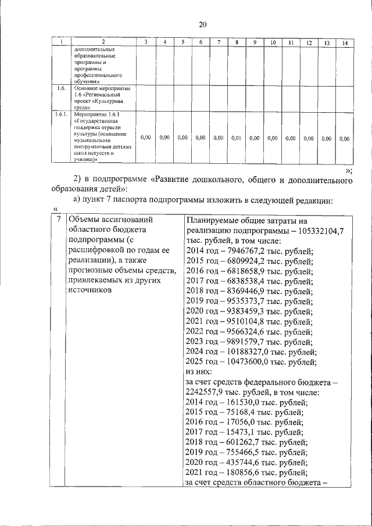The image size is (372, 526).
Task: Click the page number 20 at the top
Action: click(x=202, y=24)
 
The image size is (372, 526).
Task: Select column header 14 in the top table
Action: click(x=345, y=43)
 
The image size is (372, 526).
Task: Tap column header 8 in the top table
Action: click(x=237, y=43)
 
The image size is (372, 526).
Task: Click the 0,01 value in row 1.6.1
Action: click(x=236, y=138)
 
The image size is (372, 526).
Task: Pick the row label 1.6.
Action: click(x=60, y=88)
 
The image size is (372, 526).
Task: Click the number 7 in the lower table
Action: click(x=58, y=220)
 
